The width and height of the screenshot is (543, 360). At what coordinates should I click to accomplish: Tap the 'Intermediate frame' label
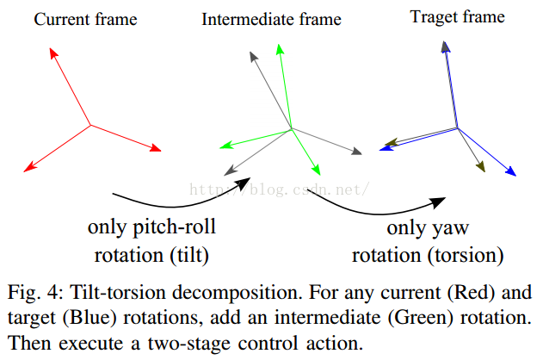tap(271, 19)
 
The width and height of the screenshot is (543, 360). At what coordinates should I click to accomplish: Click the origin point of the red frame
tap(91, 126)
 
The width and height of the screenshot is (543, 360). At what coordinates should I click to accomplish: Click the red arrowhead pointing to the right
tap(156, 150)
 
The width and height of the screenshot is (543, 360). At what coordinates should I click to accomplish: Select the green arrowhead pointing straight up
tap(279, 48)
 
